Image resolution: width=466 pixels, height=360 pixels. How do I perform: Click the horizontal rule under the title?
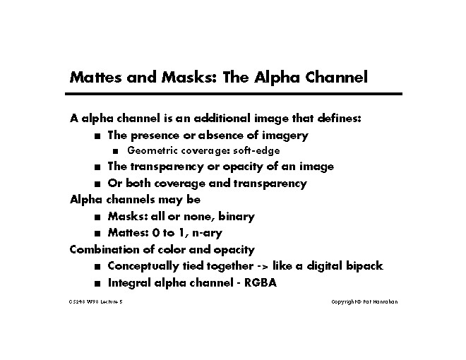point(235,95)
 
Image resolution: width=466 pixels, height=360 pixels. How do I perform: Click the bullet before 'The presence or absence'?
point(96,136)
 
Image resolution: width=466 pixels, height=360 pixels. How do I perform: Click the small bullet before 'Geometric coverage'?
point(116,151)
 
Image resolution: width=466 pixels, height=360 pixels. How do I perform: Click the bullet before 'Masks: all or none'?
point(96,217)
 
